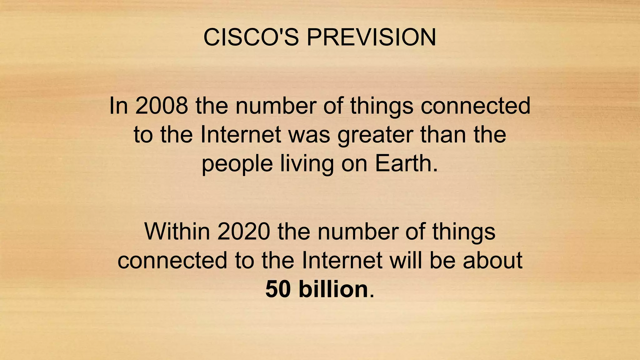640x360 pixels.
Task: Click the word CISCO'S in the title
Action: [x=251, y=37]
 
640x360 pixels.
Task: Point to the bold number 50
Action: [x=278, y=289]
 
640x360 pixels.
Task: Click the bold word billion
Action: [x=333, y=289]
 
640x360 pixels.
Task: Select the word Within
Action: [x=177, y=232]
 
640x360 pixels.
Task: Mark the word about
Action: [x=492, y=260]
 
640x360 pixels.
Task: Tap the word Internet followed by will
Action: [x=342, y=260]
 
